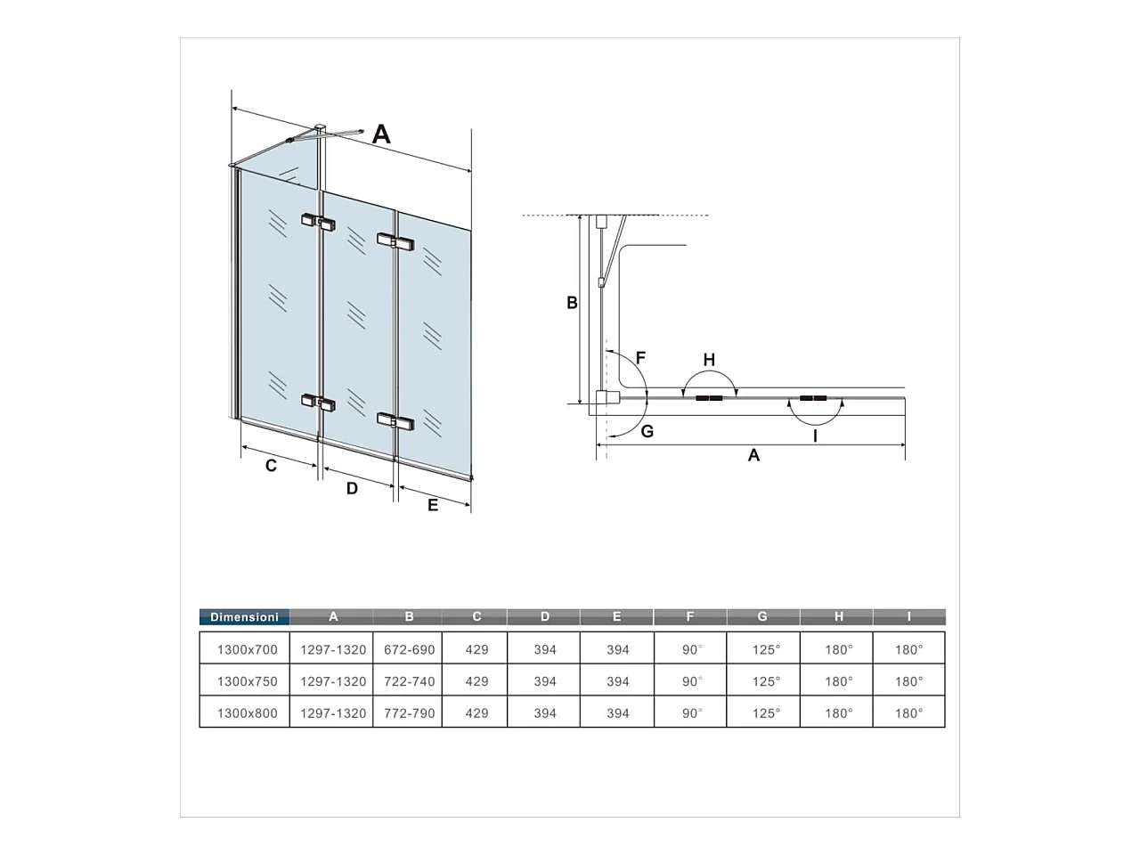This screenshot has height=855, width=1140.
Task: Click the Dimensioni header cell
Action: (x=244, y=616)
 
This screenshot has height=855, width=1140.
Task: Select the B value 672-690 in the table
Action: (x=410, y=649)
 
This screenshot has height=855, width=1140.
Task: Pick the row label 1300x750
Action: (x=248, y=681)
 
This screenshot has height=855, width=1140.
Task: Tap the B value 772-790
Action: (x=410, y=713)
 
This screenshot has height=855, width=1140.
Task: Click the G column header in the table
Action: (x=762, y=616)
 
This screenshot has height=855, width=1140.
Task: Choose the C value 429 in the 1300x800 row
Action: (x=476, y=713)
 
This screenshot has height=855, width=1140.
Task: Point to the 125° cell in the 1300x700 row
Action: (x=766, y=649)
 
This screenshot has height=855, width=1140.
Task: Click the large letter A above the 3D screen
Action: (x=381, y=134)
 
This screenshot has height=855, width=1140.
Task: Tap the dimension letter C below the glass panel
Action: (x=271, y=465)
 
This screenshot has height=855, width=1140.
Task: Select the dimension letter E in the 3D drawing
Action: (x=433, y=505)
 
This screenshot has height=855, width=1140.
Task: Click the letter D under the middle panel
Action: (x=352, y=488)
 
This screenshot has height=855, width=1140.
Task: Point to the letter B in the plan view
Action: (x=572, y=303)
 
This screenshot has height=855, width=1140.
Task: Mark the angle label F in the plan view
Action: (x=640, y=357)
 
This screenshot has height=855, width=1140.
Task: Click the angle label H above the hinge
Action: (x=709, y=359)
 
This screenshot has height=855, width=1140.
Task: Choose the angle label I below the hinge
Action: (x=815, y=436)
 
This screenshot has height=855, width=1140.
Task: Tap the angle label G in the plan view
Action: (x=647, y=431)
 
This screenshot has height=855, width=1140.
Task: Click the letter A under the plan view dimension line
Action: (x=753, y=455)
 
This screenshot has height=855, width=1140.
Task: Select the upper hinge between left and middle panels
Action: (x=318, y=222)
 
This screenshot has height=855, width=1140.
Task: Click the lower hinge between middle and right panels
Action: (x=395, y=422)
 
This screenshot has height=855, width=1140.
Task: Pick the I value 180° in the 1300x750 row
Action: (x=909, y=681)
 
